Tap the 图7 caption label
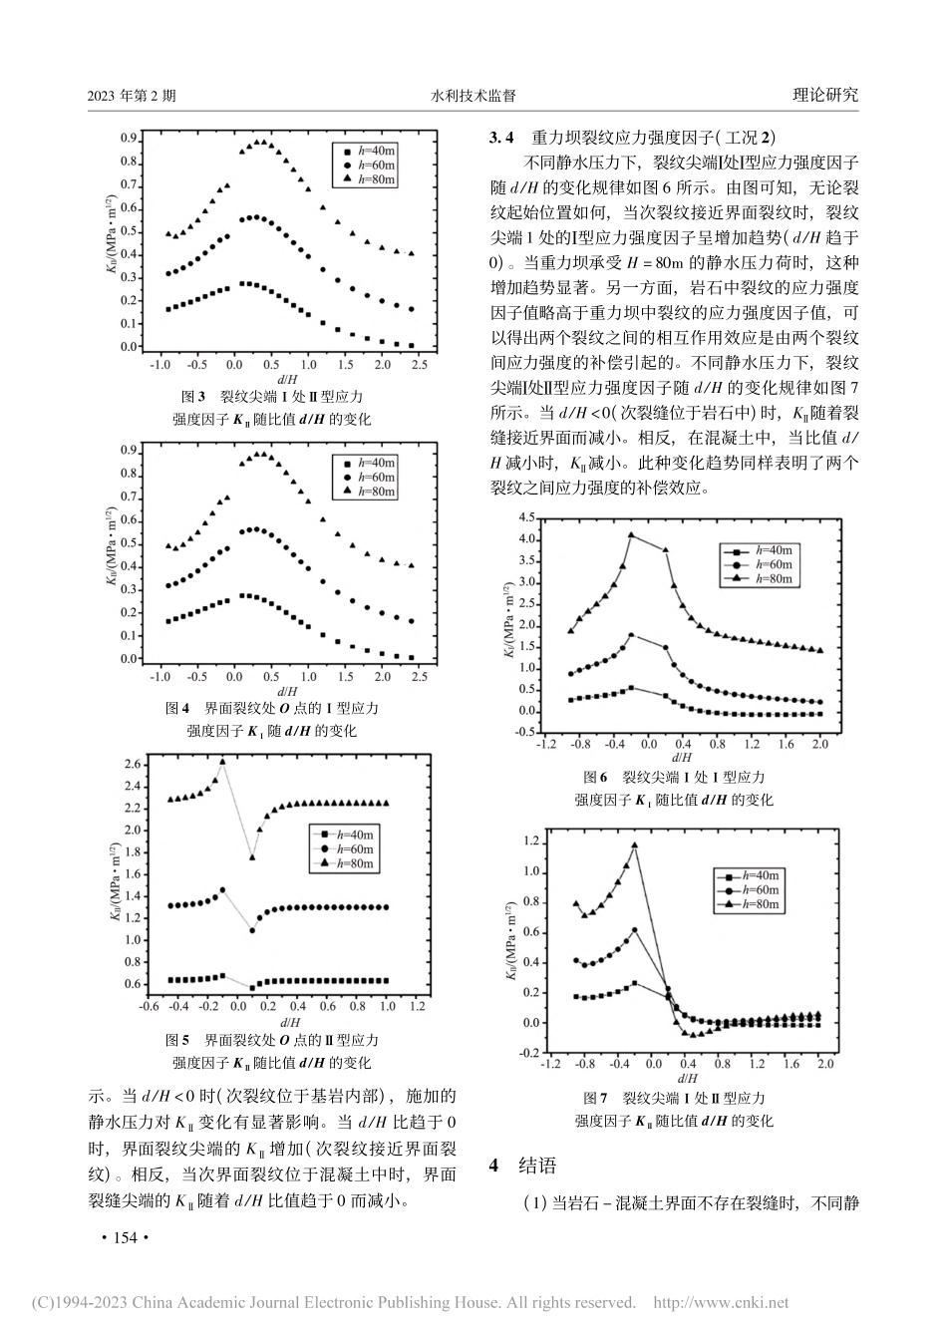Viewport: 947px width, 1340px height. click(x=597, y=1098)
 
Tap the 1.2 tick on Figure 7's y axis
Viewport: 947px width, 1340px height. click(x=528, y=841)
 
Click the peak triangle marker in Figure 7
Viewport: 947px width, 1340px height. click(x=634, y=845)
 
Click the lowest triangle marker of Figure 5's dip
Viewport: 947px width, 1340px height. click(x=252, y=856)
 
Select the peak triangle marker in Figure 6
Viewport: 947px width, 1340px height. click(x=631, y=534)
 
